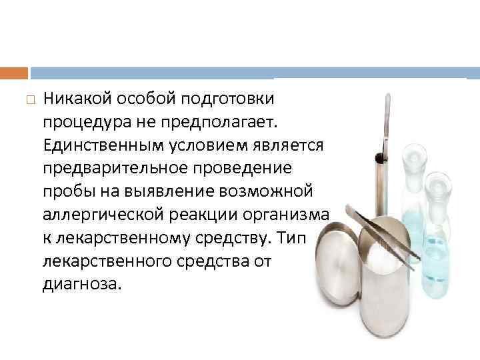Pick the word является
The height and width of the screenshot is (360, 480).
[x=289, y=146]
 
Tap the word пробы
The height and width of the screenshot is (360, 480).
[x=64, y=192]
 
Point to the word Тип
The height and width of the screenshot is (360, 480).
[x=291, y=239]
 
